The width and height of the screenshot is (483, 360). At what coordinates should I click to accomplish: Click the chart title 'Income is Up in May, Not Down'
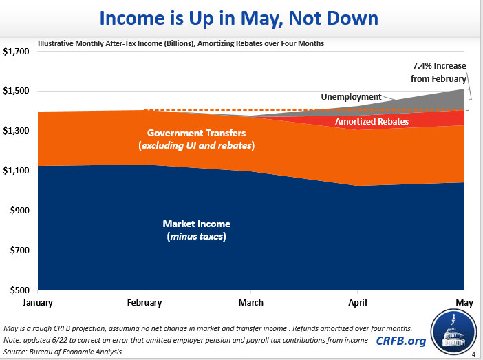coord(241,17)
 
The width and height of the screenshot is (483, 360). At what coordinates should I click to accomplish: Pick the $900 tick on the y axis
coord(19,211)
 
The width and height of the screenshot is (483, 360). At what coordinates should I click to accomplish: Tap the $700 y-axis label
coord(19,251)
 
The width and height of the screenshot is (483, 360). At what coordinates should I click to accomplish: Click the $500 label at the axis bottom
coord(19,290)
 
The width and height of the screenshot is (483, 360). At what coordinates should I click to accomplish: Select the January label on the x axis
coord(39,302)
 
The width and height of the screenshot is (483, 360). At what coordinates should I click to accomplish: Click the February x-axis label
coord(144,302)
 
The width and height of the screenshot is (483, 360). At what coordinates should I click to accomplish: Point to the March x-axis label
coord(250,302)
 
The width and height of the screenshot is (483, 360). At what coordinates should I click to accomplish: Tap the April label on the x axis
coord(356,302)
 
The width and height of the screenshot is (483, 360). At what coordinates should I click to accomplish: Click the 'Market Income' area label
coord(196,224)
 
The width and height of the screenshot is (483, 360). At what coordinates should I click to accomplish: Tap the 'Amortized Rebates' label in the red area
coord(372,122)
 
